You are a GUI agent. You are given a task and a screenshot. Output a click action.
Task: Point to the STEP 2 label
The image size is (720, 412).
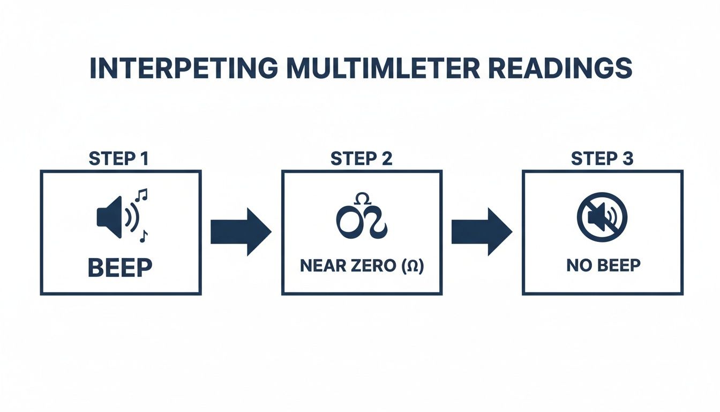coord(362,159)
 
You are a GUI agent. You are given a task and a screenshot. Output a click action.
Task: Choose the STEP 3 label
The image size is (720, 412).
coord(602,159)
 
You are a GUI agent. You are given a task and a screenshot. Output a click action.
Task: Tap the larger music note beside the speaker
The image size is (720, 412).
coord(142,196)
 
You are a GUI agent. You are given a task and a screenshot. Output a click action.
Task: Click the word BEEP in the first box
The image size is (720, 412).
coord(120,268)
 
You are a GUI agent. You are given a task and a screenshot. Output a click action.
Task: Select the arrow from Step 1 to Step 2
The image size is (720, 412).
coord(241,232)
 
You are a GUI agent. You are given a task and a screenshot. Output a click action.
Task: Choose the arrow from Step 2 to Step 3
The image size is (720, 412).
coord(481,232)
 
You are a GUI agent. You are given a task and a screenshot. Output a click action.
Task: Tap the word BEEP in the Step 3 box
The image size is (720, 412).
coord(616,266)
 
